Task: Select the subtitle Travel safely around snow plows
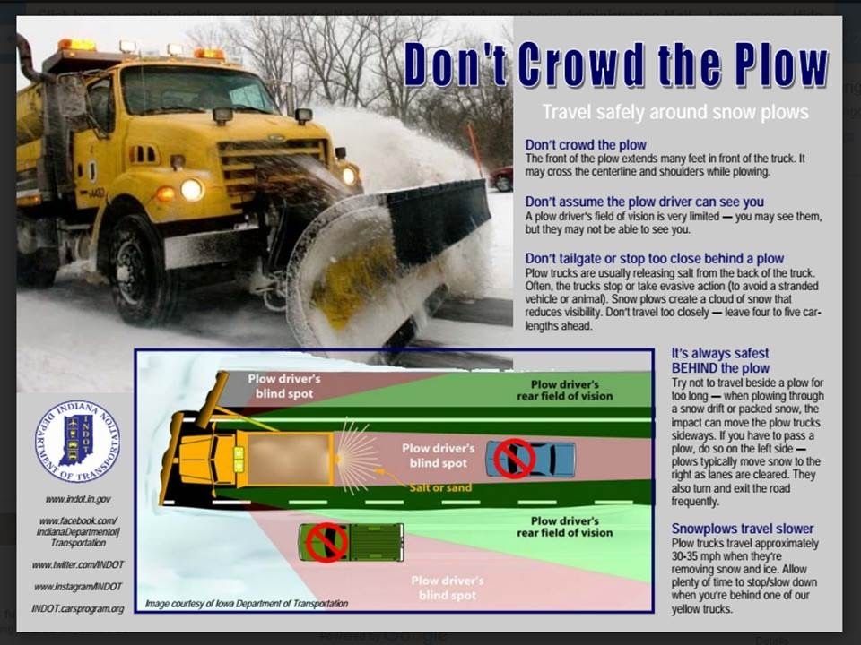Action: (674, 112)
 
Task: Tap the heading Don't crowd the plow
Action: (585, 145)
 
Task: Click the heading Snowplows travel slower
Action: (743, 529)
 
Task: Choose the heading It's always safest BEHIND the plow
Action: (720, 361)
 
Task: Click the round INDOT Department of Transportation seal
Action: (77, 442)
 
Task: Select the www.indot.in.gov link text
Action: (77, 499)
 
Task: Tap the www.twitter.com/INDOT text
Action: (77, 565)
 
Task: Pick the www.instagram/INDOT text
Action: (77, 587)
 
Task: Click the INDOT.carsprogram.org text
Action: (77, 608)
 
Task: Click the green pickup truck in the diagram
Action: (351, 542)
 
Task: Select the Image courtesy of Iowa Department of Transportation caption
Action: (247, 604)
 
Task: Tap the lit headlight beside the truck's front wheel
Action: (192, 189)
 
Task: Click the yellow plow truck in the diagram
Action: (251, 458)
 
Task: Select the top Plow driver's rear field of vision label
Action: (564, 390)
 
